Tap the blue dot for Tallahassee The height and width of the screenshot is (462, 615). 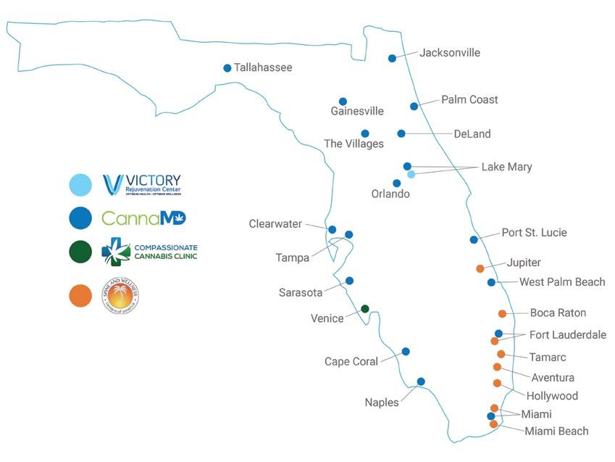227,68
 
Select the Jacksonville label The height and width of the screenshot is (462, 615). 450,53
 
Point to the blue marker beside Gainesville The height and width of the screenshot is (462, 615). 343,102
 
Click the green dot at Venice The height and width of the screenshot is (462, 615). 365,309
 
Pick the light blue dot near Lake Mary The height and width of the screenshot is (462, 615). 411,174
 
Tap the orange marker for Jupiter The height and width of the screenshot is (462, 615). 480,268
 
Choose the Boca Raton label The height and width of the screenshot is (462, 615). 558,313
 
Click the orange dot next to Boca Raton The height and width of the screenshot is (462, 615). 502,313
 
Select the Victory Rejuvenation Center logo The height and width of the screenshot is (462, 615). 142,185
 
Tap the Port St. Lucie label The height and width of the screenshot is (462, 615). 534,233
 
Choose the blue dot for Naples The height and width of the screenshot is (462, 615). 421,381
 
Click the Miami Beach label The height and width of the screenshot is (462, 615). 556,432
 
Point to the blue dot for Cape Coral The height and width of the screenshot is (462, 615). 406,351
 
